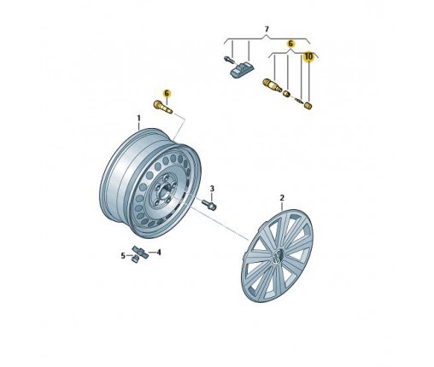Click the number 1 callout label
[138, 118]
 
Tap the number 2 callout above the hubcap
[282, 197]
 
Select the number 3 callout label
[212, 189]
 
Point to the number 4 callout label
[159, 252]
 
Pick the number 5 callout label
[123, 256]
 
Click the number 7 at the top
[267, 29]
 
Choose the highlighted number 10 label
[308, 56]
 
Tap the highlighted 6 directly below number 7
[290, 44]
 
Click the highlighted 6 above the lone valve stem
[167, 93]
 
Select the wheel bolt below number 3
[209, 205]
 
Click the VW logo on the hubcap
[277, 256]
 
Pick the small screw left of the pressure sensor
[229, 60]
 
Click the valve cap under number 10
[308, 105]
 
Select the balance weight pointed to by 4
[140, 252]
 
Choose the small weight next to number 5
[135, 259]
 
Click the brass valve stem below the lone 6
[163, 107]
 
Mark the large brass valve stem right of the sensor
[272, 85]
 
